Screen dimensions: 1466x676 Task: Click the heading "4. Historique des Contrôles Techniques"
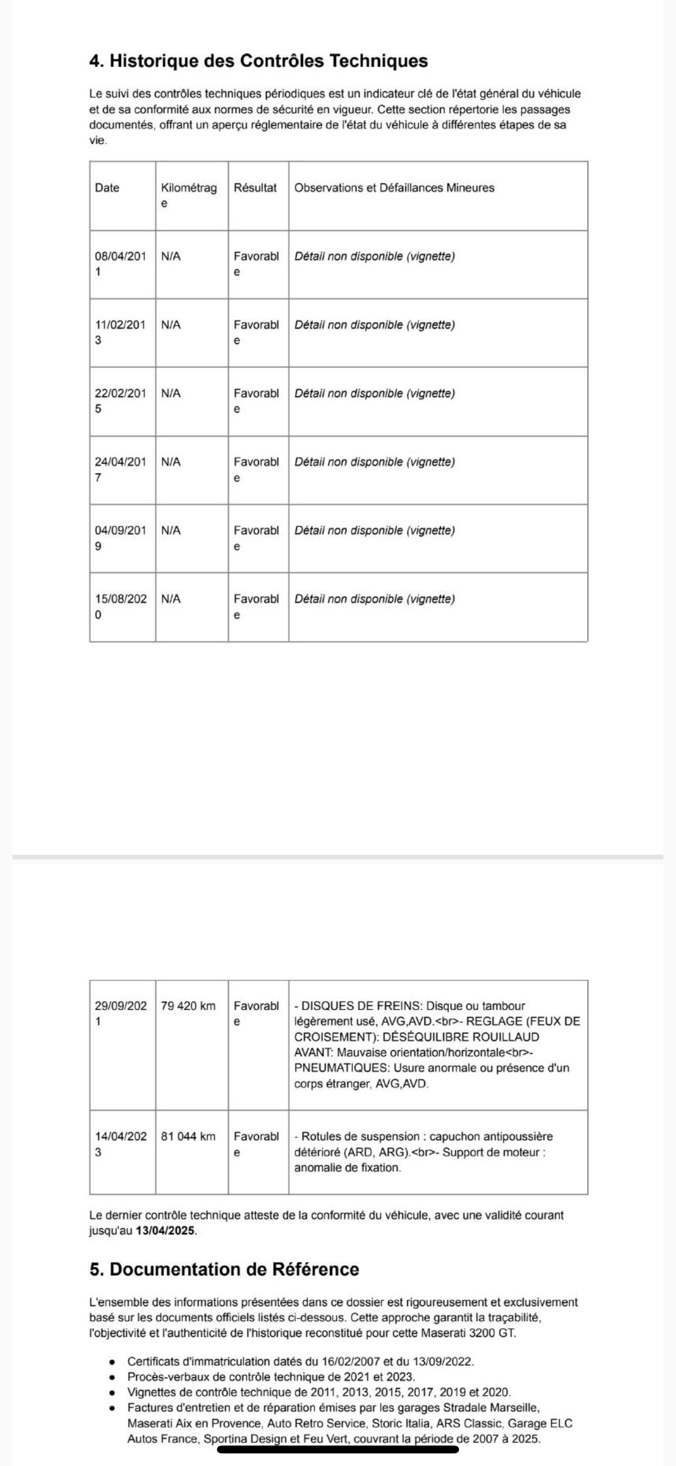pos(258,61)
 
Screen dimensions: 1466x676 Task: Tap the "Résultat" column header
pos(255,188)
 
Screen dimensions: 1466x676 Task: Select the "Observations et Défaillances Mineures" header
pos(394,188)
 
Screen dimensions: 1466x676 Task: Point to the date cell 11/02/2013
pos(120,332)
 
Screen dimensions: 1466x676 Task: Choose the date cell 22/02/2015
pos(120,401)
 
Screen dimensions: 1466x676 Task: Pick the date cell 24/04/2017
pos(120,469)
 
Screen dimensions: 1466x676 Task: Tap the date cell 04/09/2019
pos(120,538)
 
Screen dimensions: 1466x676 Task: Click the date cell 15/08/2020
pos(120,607)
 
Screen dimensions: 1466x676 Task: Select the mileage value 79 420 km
pos(188,1006)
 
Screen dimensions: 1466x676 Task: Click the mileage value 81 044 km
pos(188,1137)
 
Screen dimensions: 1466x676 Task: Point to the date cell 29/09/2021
pos(120,1013)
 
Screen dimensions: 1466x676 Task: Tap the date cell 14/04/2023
pos(120,1144)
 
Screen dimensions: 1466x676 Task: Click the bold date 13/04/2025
pos(166,1231)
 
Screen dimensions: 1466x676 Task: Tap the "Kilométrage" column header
pos(188,195)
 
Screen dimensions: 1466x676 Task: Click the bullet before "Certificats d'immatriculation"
pos(113,1362)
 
